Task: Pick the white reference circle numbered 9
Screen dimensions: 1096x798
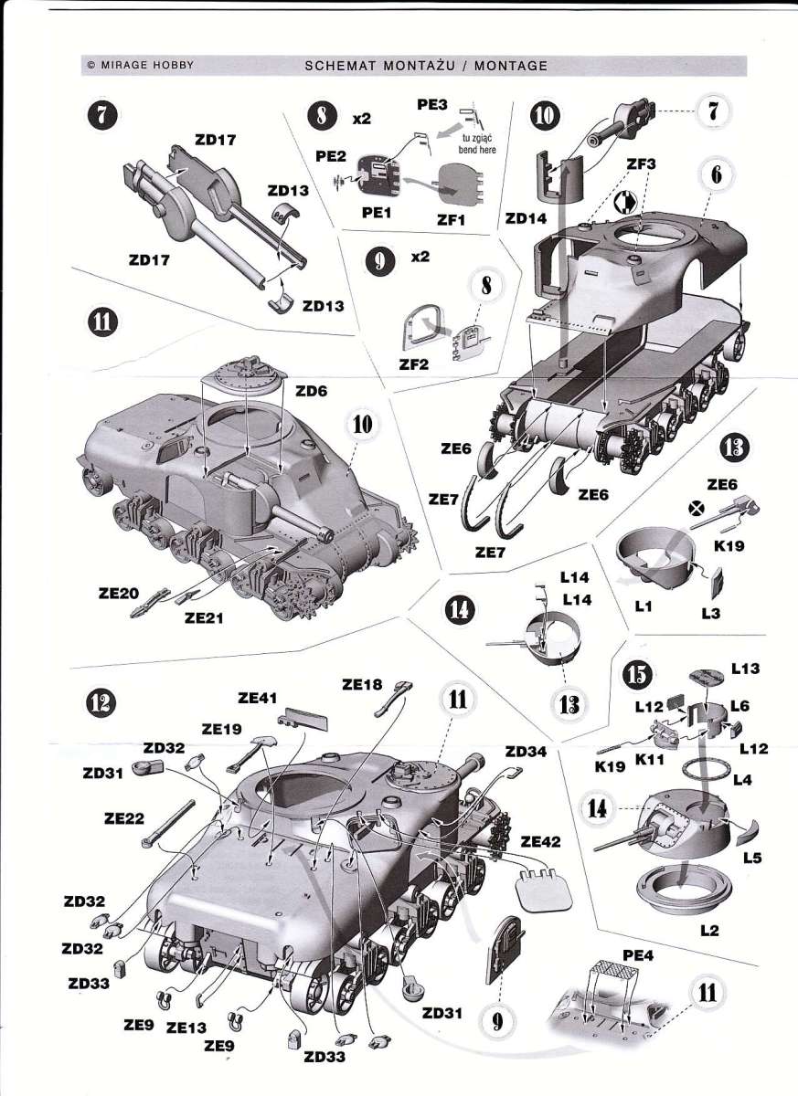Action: click(x=498, y=1020)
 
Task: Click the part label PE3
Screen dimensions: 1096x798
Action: click(x=432, y=105)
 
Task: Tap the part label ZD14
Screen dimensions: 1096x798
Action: click(x=527, y=220)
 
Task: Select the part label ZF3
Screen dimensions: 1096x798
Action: click(x=641, y=163)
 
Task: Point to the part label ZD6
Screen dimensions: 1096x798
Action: click(x=312, y=390)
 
